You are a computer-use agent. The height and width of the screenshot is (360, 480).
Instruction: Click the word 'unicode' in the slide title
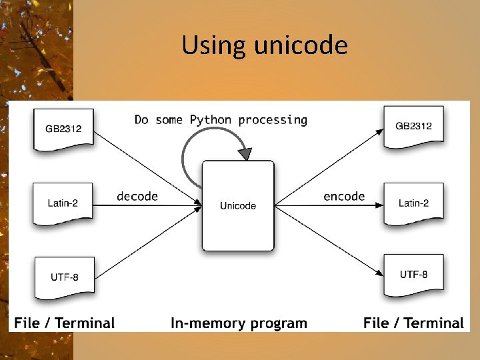coord(301,45)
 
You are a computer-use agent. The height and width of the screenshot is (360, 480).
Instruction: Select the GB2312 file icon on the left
coord(64,129)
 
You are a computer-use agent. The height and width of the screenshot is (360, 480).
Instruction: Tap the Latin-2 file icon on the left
coord(63,203)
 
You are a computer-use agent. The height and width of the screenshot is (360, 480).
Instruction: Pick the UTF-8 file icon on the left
coord(64,276)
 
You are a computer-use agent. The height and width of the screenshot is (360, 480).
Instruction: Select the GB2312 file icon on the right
coord(414,126)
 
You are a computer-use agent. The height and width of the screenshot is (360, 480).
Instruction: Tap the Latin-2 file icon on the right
coord(414,203)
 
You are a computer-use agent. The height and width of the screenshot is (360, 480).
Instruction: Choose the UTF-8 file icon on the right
coord(414,274)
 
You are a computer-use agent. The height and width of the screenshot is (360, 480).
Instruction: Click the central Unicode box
coord(238,205)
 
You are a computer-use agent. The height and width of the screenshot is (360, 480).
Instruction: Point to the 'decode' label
coord(137,196)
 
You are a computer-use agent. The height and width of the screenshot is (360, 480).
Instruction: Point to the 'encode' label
coord(344,196)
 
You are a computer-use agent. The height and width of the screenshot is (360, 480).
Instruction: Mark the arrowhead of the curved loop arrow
coord(245,154)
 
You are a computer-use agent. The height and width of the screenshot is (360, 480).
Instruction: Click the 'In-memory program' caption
coord(239,323)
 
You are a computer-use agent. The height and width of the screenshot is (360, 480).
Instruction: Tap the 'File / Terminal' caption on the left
coord(65,323)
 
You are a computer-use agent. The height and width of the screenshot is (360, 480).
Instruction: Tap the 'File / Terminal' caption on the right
coord(413,323)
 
